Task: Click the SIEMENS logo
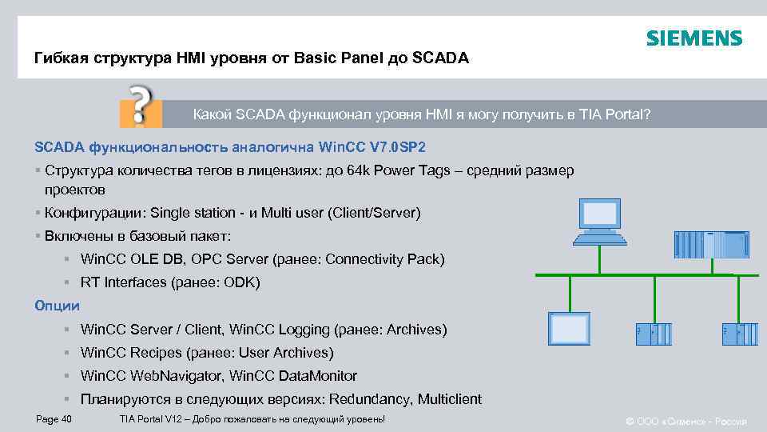coord(693,38)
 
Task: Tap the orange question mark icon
coord(141,104)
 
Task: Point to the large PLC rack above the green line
coord(711,245)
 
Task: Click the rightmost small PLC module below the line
coord(741,334)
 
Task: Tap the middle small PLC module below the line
coord(654,334)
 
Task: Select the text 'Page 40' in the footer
coord(54,419)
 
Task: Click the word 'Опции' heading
coord(57,306)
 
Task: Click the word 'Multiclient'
coord(448,399)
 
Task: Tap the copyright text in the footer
coord(686,421)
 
